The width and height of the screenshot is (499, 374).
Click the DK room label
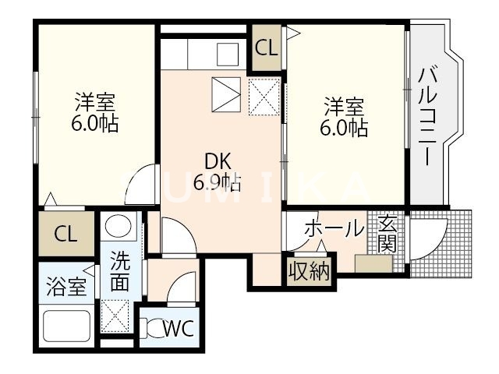216,161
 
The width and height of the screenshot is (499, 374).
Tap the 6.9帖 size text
216,183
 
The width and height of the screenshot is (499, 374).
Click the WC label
179,328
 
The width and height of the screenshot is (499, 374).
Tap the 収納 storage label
309,271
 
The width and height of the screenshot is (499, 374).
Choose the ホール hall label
333,229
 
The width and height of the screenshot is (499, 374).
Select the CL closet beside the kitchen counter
266,47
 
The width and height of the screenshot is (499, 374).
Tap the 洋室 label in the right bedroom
344,105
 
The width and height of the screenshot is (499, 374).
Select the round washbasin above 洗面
119,228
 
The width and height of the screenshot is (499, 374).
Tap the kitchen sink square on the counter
227,54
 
